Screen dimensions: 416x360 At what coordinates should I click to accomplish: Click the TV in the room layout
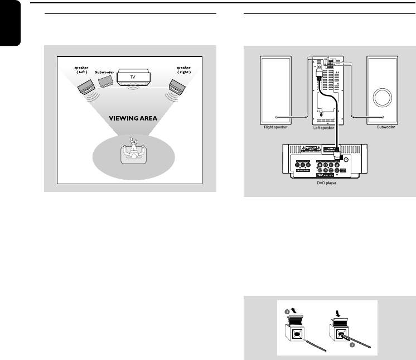click(132, 76)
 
